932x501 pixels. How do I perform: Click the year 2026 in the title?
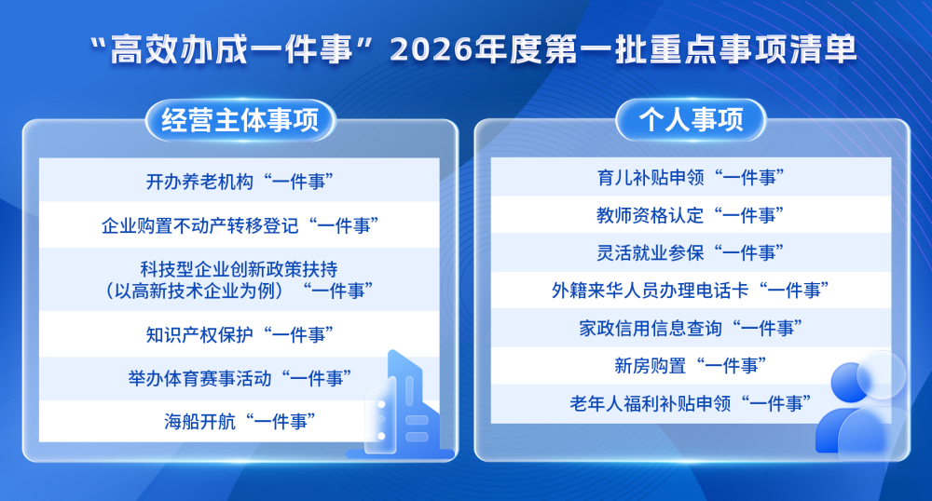[x=431, y=49]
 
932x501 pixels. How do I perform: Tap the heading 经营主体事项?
[x=240, y=121]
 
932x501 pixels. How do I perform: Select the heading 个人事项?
[x=691, y=121]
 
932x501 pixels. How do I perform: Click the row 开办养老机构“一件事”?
[x=240, y=181]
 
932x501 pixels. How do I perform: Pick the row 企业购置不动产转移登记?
[x=240, y=225]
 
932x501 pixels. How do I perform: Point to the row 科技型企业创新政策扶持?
[x=240, y=278]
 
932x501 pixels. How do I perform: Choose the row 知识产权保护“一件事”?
[x=240, y=333]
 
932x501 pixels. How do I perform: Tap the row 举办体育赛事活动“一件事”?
[x=240, y=378]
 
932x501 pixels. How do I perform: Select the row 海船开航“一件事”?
[x=240, y=422]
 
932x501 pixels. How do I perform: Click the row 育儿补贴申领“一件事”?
[x=691, y=176]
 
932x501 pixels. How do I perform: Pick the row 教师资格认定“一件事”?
[x=691, y=214]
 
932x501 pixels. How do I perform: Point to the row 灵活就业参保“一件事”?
[x=691, y=251]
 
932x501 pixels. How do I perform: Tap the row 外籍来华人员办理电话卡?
[x=691, y=290]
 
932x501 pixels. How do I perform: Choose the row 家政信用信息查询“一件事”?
[x=691, y=327]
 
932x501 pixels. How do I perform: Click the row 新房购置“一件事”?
[x=691, y=365]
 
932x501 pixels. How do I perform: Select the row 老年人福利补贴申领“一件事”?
[x=691, y=403]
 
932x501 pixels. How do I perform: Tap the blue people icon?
[x=862, y=405]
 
